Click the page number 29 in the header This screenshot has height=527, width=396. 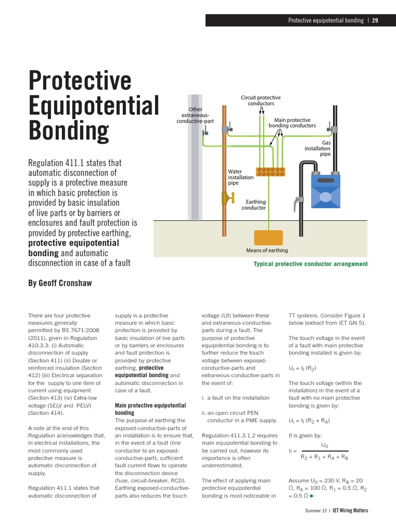(375, 20)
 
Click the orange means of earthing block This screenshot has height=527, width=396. (268, 238)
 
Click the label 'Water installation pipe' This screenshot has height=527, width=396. (241, 177)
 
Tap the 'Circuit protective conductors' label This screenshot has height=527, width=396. (261, 100)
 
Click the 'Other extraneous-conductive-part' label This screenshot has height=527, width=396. (195, 115)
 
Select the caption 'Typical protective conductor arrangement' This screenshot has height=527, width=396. (310, 264)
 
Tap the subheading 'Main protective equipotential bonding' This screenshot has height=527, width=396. (150, 409)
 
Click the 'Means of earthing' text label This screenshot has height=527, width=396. (267, 251)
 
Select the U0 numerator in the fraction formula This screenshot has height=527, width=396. (324, 444)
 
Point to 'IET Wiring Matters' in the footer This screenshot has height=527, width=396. (350, 511)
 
